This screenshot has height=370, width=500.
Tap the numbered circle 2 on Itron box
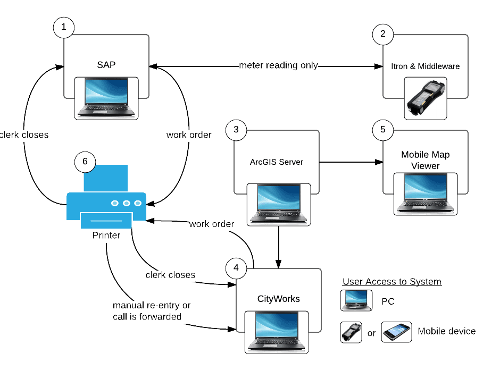(x=383, y=36)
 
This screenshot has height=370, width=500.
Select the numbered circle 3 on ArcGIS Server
(x=236, y=130)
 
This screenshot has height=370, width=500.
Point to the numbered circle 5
(x=383, y=130)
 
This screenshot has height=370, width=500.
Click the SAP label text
(x=106, y=65)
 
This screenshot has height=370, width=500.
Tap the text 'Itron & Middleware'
(x=426, y=66)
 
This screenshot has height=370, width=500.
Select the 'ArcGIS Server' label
(x=277, y=162)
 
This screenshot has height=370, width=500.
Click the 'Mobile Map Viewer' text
(x=426, y=160)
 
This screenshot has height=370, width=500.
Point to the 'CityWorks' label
(x=278, y=299)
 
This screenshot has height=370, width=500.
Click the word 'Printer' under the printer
(x=106, y=235)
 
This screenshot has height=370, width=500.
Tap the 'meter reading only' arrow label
(x=278, y=65)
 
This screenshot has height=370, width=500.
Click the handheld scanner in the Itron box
(x=426, y=98)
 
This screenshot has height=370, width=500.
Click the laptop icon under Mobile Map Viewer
(x=426, y=192)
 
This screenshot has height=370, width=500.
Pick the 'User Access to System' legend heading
(x=392, y=282)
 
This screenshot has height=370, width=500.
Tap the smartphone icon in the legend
(x=396, y=332)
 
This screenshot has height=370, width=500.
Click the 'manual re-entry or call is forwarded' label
(x=151, y=311)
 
